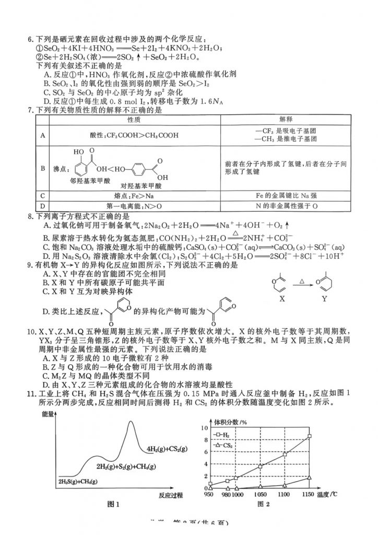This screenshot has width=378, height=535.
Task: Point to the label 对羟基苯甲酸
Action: (141, 185)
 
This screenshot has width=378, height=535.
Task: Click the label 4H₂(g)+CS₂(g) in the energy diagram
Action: (167, 449)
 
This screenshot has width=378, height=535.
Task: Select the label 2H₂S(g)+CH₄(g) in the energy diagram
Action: (78, 481)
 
